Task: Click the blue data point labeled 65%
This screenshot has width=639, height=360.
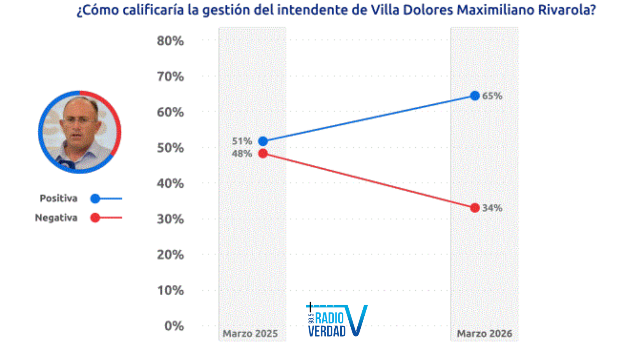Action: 475,96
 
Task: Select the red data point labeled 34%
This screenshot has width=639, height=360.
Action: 475,208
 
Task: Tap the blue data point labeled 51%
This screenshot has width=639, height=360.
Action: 263,141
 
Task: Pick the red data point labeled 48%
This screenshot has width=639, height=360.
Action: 263,154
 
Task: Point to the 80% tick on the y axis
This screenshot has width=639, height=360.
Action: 170,41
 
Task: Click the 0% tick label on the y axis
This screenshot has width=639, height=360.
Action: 174,326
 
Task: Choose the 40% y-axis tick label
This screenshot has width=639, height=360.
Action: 170,184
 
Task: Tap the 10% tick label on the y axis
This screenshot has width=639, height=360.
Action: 170,290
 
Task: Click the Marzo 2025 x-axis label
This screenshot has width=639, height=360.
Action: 250,334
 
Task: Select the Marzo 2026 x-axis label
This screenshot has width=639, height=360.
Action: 484,334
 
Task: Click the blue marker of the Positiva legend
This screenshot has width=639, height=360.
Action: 95,199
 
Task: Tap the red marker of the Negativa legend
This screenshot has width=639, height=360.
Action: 95,218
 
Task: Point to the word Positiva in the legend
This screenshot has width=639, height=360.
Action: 58,198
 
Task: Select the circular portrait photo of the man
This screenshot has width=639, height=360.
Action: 79,132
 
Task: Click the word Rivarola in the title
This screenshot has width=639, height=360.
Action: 567,10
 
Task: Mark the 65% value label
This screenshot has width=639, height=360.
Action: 492,96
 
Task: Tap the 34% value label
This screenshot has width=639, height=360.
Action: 492,208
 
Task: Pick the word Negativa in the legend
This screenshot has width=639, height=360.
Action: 56,218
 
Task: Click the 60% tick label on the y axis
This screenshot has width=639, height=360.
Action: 170,112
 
